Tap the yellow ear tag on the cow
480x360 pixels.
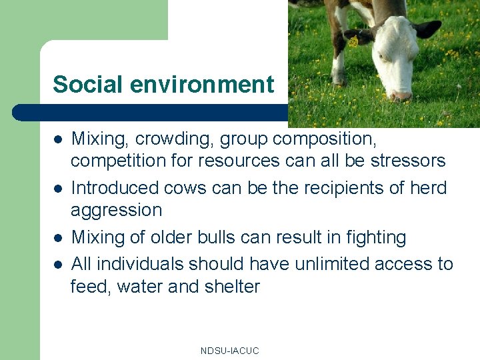(353, 41)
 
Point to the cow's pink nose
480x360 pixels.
(401, 95)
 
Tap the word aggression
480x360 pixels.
(116, 211)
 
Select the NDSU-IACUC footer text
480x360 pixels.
(229, 350)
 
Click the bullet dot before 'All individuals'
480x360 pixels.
(58, 265)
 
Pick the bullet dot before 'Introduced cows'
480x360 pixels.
(58, 189)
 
